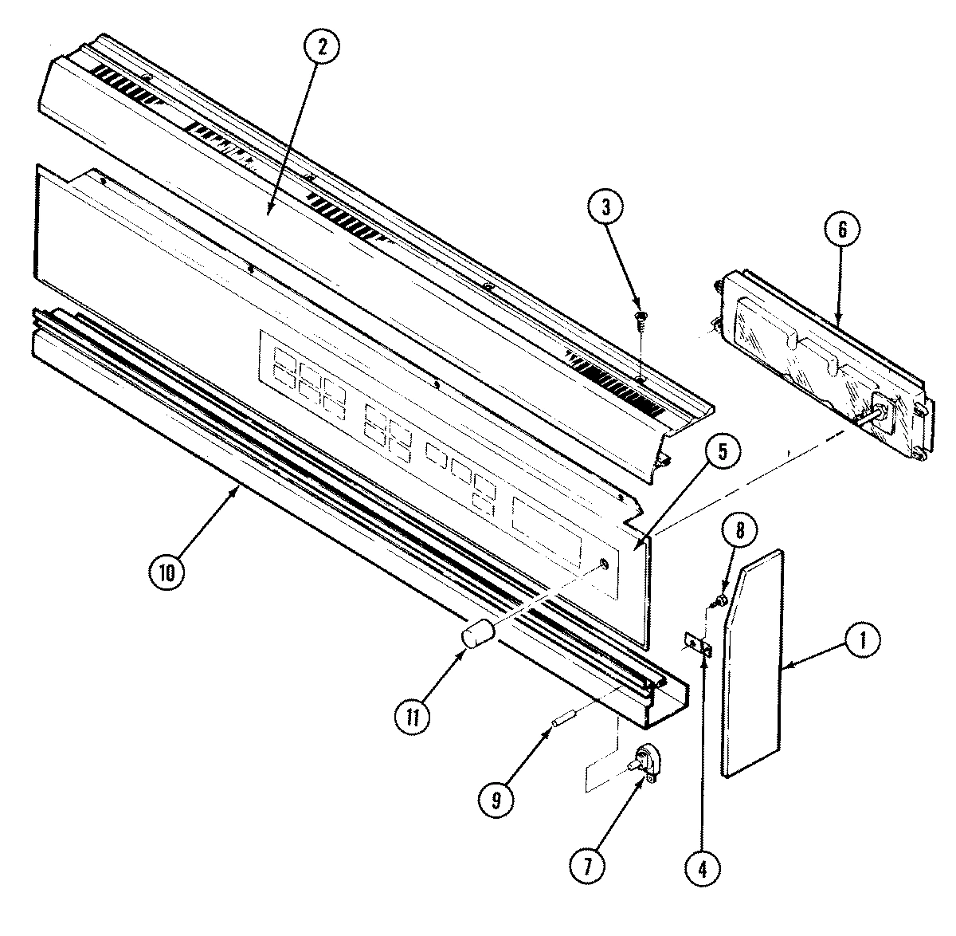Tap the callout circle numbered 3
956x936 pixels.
point(608,207)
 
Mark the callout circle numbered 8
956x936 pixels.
point(741,530)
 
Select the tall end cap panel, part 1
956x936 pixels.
point(753,662)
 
